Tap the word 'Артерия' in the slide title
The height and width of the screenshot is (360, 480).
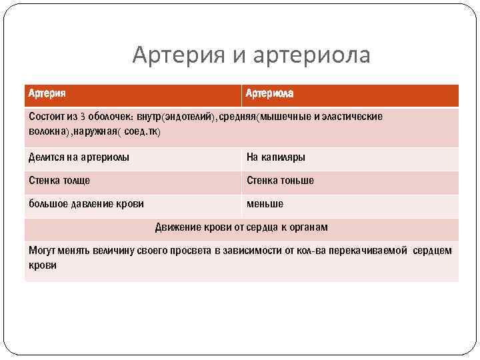178,55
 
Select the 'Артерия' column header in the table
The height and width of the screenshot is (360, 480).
47,94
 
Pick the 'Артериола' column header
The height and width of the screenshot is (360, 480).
269,94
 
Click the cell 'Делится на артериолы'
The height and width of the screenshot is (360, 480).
79,157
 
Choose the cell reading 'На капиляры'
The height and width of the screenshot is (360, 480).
275,157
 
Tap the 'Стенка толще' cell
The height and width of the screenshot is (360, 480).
59,180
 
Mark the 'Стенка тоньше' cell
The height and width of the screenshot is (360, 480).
280,180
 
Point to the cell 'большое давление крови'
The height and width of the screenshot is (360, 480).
86,203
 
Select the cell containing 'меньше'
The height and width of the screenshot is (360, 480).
265,203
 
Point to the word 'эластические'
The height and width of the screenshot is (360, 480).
352,117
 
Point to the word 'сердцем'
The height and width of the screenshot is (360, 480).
432,251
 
